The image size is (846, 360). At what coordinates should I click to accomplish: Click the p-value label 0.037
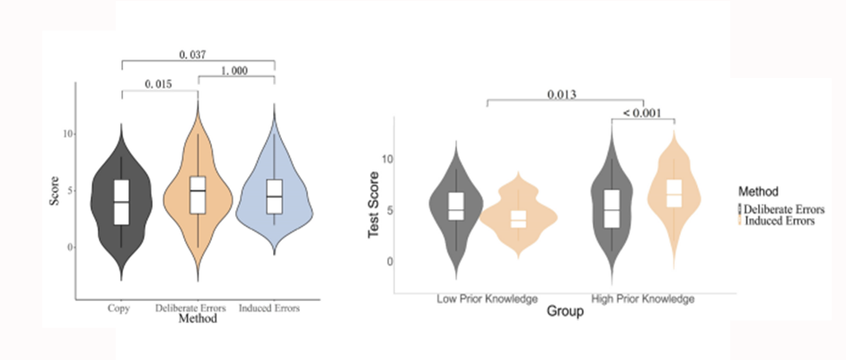pos(192,55)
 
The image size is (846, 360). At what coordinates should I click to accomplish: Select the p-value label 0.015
pos(158,84)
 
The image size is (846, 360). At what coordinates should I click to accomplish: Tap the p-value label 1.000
pos(234,71)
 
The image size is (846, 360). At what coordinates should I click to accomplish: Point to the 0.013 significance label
pos(561,95)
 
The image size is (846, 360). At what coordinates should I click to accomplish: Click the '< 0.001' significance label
pos(642,113)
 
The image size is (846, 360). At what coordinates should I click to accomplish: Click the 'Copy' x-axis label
pos(119,309)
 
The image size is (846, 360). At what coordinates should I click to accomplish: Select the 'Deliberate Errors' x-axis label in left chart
pos(190,308)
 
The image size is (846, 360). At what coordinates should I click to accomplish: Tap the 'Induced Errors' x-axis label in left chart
pos(269,308)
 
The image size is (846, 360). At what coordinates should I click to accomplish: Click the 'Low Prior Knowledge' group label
pos(487,298)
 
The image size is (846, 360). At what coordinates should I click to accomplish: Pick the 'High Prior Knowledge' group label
pos(643,298)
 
